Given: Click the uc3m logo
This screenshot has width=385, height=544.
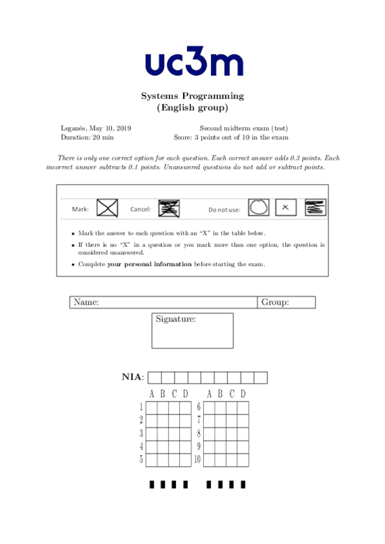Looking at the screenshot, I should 193,63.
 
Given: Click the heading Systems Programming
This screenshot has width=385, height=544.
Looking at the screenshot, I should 192,96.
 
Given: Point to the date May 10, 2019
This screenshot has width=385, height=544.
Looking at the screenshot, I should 106,128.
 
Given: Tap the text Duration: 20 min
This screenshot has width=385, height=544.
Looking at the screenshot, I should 87,137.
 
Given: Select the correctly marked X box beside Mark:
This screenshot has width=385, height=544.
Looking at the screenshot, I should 107,208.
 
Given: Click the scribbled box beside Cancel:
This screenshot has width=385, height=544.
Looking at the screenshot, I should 168,208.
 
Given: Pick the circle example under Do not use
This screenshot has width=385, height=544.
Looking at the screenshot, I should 258,207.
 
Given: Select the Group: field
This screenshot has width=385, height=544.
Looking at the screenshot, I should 287,302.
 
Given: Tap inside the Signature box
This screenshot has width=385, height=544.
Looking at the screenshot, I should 193,334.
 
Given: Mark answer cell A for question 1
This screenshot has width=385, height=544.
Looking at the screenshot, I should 152,407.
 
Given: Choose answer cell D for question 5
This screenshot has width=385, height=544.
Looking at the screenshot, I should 186,460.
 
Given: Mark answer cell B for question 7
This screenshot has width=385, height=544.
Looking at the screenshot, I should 221,421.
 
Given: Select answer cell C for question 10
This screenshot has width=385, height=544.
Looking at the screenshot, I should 232,460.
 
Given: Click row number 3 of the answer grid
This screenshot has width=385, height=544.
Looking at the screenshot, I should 141,434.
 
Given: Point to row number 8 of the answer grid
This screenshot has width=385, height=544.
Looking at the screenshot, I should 199,434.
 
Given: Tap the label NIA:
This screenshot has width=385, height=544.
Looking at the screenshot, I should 133,377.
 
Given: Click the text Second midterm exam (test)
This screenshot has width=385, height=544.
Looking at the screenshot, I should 239,128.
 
